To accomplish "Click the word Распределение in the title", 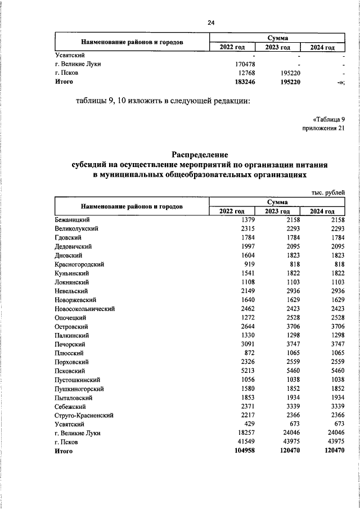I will coord(199,154).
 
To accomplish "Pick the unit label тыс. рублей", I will coord(327,192).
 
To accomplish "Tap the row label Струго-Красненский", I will coord(84,415).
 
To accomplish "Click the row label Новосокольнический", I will coord(85,309).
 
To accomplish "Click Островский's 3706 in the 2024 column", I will coord(334,326).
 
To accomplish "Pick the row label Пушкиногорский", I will coord(79,389).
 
